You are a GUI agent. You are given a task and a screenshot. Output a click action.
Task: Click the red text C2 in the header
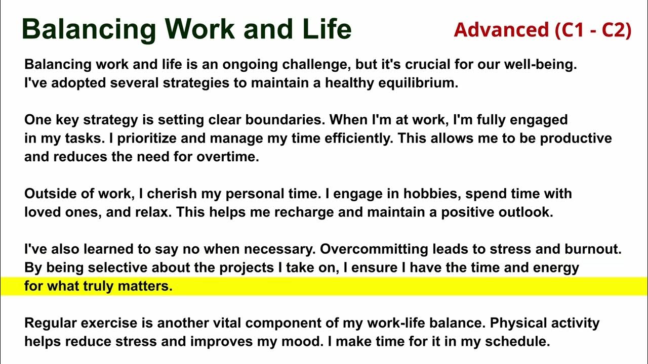[614, 30]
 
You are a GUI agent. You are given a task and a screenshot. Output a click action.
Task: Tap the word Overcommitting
[374, 249]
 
